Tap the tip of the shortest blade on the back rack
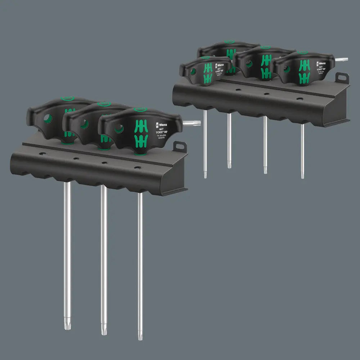click(x=229, y=166)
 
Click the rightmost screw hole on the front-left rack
click(x=136, y=167)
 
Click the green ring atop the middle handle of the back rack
click(x=266, y=47)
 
